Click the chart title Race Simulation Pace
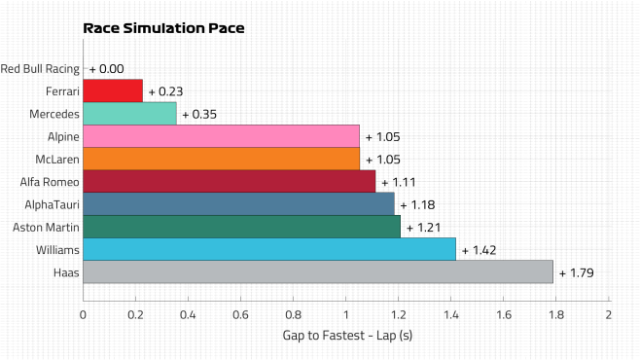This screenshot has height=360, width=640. [163, 28]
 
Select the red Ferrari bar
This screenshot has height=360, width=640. [113, 90]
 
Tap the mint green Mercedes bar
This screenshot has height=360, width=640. [129, 114]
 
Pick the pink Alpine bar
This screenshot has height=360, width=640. [221, 136]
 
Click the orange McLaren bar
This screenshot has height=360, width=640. [221, 159]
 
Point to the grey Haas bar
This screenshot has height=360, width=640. [318, 271]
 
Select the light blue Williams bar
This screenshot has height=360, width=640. [269, 249]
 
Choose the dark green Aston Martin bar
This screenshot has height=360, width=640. [241, 227]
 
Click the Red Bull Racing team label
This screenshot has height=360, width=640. [40, 69]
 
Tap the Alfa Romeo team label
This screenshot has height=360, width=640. [50, 182]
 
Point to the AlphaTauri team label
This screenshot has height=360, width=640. [52, 204]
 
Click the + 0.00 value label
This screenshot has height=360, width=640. [107, 69]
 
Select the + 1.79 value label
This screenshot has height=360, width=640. [577, 272]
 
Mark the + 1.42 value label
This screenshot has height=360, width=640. [479, 250]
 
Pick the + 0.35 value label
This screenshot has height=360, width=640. [199, 114]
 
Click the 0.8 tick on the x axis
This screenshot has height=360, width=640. [293, 314]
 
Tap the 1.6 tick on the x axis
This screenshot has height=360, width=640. [503, 314]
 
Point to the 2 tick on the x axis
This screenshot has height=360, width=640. [609, 314]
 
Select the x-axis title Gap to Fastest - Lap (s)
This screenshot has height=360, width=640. [347, 336]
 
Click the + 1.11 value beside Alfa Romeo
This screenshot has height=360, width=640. [399, 182]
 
